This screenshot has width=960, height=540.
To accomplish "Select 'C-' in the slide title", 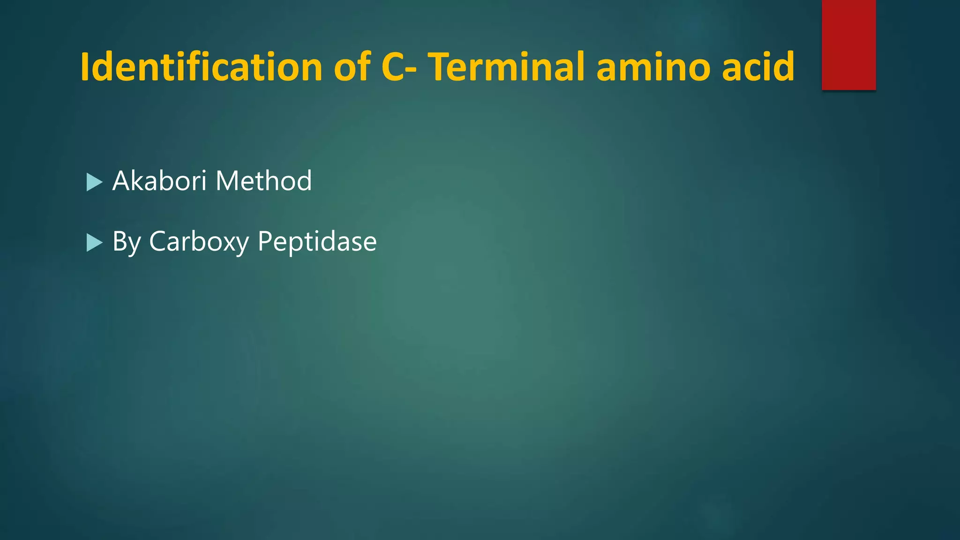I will [x=398, y=67].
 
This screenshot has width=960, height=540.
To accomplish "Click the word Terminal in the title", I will [x=506, y=67].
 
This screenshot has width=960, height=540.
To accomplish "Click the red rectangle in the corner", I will [x=848, y=45].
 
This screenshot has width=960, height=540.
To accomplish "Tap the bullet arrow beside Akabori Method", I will [x=94, y=182].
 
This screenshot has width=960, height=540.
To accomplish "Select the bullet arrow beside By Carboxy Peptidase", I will [x=94, y=243].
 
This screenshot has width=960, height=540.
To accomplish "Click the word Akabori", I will [x=159, y=181].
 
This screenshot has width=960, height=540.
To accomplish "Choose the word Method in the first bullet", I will [x=263, y=181].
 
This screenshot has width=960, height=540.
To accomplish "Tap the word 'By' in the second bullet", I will [x=127, y=242].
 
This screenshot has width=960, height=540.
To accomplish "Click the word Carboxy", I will [x=199, y=242].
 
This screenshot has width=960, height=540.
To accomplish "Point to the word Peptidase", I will [x=317, y=242].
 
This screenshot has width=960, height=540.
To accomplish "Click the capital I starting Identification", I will [x=85, y=67].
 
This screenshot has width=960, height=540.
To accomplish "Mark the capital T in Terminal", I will [x=441, y=67].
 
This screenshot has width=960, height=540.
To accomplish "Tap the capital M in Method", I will [x=228, y=181].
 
